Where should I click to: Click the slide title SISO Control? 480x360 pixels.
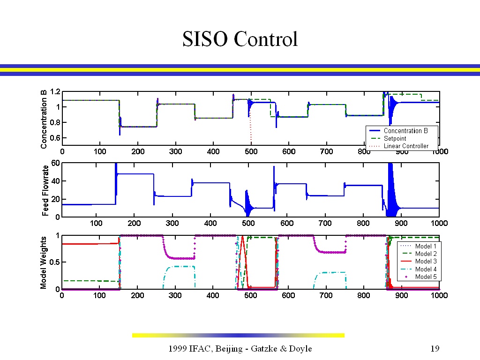pyautogui.click(x=240, y=39)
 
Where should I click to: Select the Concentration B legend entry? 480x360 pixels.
pyautogui.click(x=399, y=131)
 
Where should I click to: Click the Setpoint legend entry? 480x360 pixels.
pyautogui.click(x=388, y=138)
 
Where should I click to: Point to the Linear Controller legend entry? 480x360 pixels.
pyautogui.click(x=399, y=146)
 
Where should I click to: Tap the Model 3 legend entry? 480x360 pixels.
pyautogui.click(x=419, y=261)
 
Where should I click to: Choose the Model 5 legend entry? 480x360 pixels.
pyautogui.click(x=419, y=277)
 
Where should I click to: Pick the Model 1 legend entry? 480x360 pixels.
pyautogui.click(x=419, y=246)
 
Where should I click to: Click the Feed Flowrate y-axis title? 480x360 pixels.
pyautogui.click(x=45, y=190)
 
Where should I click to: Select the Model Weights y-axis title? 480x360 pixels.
pyautogui.click(x=44, y=262)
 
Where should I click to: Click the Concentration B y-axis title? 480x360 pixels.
pyautogui.click(x=44, y=120)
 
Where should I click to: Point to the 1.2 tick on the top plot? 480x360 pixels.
pyautogui.click(x=55, y=91)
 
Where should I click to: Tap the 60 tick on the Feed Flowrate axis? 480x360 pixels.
pyautogui.click(x=55, y=163)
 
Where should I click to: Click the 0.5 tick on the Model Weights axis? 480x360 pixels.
pyautogui.click(x=54, y=262)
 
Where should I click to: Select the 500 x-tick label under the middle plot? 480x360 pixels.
pyautogui.click(x=248, y=223)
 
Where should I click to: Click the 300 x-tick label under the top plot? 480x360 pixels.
pyautogui.click(x=175, y=151)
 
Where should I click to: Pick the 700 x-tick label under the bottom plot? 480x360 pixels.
pyautogui.click(x=326, y=295)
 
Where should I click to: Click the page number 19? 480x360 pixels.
pyautogui.click(x=435, y=348)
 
